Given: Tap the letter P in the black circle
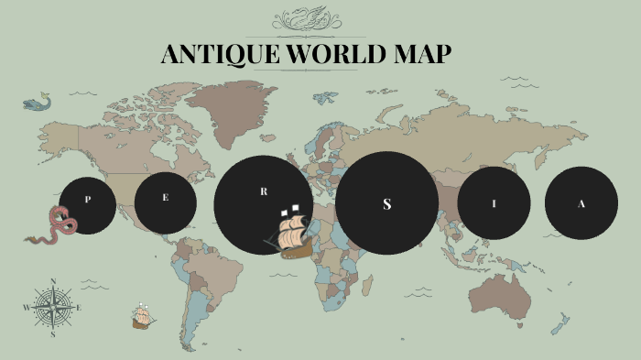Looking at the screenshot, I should click(88, 199).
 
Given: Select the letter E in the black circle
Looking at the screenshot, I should click(166, 199).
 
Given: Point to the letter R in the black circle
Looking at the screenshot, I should click(264, 191).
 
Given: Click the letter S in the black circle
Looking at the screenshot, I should click(386, 203).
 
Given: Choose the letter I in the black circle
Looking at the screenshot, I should click(494, 203).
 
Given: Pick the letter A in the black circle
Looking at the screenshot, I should click(581, 203).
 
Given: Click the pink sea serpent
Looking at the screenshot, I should click(57, 225).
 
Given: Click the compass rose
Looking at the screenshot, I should click(53, 308).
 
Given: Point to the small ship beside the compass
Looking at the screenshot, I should click(141, 317).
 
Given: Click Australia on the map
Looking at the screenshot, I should click(502, 294).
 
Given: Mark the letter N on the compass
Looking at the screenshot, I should click(53, 282).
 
